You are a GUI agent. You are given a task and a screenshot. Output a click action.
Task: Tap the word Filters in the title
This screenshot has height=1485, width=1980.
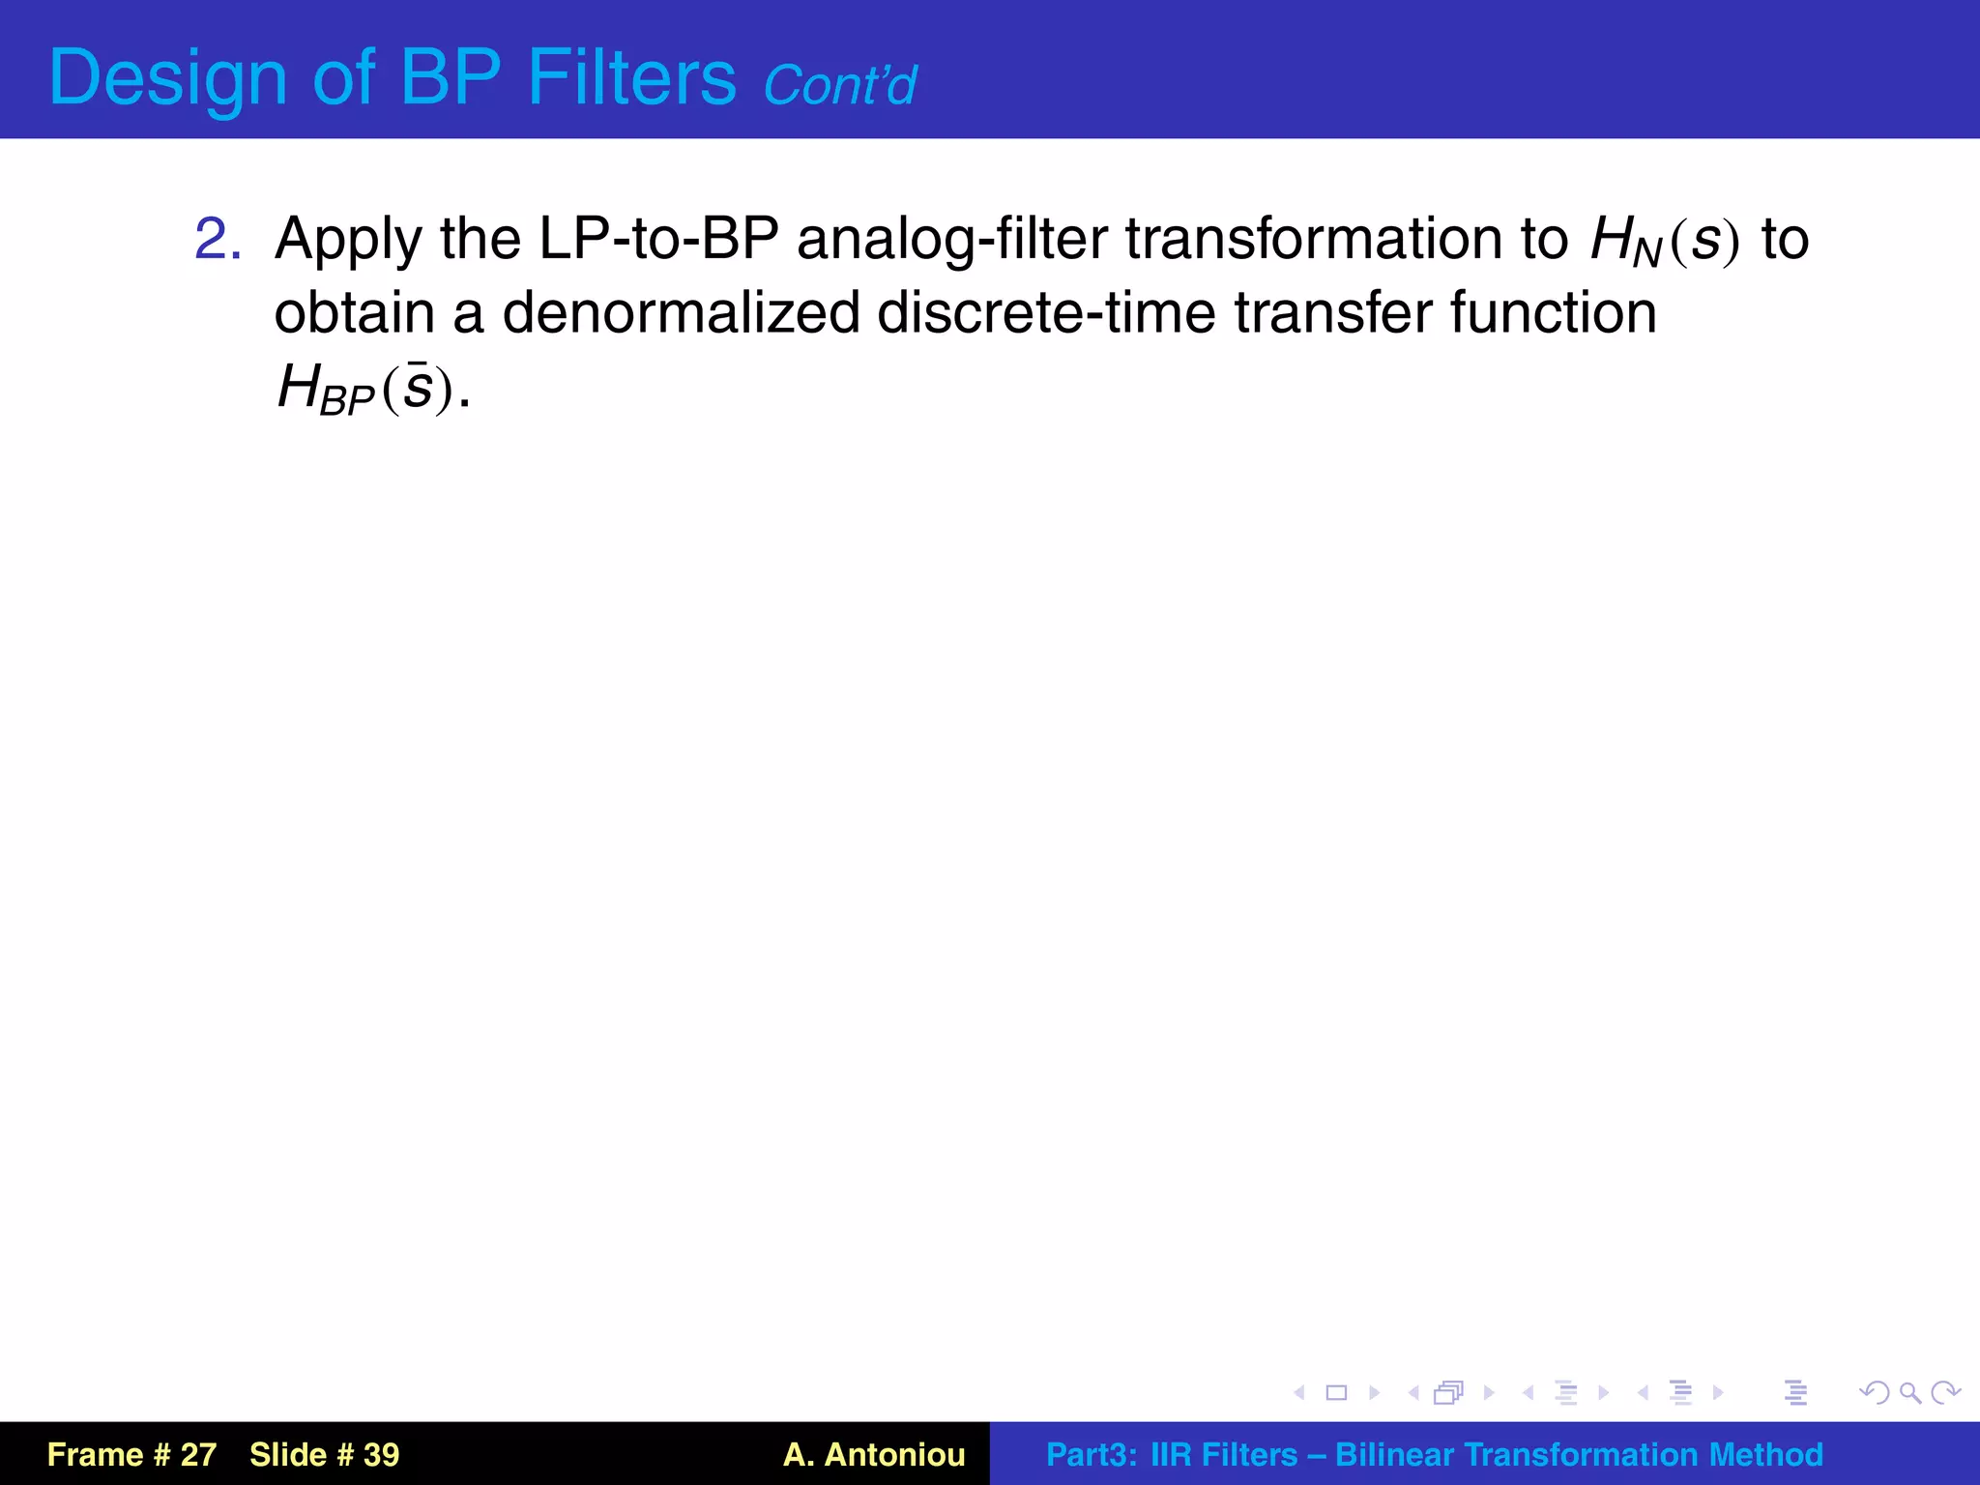[631, 77]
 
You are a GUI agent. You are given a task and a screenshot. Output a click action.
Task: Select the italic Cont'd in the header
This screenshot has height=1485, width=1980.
[839, 85]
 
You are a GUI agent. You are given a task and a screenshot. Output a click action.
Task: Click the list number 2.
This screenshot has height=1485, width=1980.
[217, 239]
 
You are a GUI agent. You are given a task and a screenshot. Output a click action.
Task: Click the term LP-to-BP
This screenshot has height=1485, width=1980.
[658, 239]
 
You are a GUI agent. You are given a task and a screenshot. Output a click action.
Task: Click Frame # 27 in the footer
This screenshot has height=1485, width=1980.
[131, 1454]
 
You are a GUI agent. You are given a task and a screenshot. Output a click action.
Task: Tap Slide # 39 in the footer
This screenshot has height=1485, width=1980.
[324, 1454]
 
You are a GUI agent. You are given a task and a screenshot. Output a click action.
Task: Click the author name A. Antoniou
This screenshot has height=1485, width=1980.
[873, 1454]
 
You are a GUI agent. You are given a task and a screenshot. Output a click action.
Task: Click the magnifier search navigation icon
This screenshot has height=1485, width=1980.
[1909, 1392]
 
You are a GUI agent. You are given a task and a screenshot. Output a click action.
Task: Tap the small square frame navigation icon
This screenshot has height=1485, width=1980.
[1336, 1392]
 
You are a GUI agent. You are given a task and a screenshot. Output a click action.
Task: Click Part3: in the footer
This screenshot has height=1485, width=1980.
[1091, 1454]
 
